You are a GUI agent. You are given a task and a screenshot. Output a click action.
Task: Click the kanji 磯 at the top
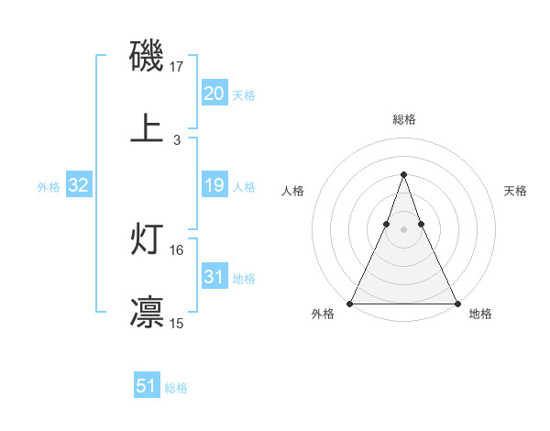[148, 58]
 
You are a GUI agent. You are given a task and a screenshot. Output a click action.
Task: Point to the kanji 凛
[148, 312]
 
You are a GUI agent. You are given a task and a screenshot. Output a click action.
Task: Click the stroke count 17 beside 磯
[177, 67]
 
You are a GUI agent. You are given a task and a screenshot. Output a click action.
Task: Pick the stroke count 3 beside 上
[177, 140]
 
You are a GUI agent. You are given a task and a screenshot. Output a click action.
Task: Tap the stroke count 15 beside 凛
[177, 323]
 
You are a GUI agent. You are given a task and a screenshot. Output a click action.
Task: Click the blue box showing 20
[214, 94]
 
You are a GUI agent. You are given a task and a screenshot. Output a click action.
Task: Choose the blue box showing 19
[214, 185]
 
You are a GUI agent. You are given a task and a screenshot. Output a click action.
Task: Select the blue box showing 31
[214, 277]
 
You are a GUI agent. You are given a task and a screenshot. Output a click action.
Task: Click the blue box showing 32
[79, 185]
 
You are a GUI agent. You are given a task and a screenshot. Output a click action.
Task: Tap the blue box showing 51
[147, 387]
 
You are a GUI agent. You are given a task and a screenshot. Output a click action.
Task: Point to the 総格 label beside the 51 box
[176, 388]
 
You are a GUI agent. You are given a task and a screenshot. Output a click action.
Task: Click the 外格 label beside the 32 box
[49, 186]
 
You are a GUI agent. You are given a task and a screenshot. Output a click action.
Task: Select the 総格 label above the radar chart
[404, 119]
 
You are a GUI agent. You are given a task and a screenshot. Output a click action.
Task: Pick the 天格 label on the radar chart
[515, 191]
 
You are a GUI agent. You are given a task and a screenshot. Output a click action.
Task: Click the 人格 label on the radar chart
[293, 191]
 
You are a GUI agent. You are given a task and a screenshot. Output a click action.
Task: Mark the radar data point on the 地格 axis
[457, 304]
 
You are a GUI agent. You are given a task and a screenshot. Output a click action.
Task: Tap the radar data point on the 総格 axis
[403, 174]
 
